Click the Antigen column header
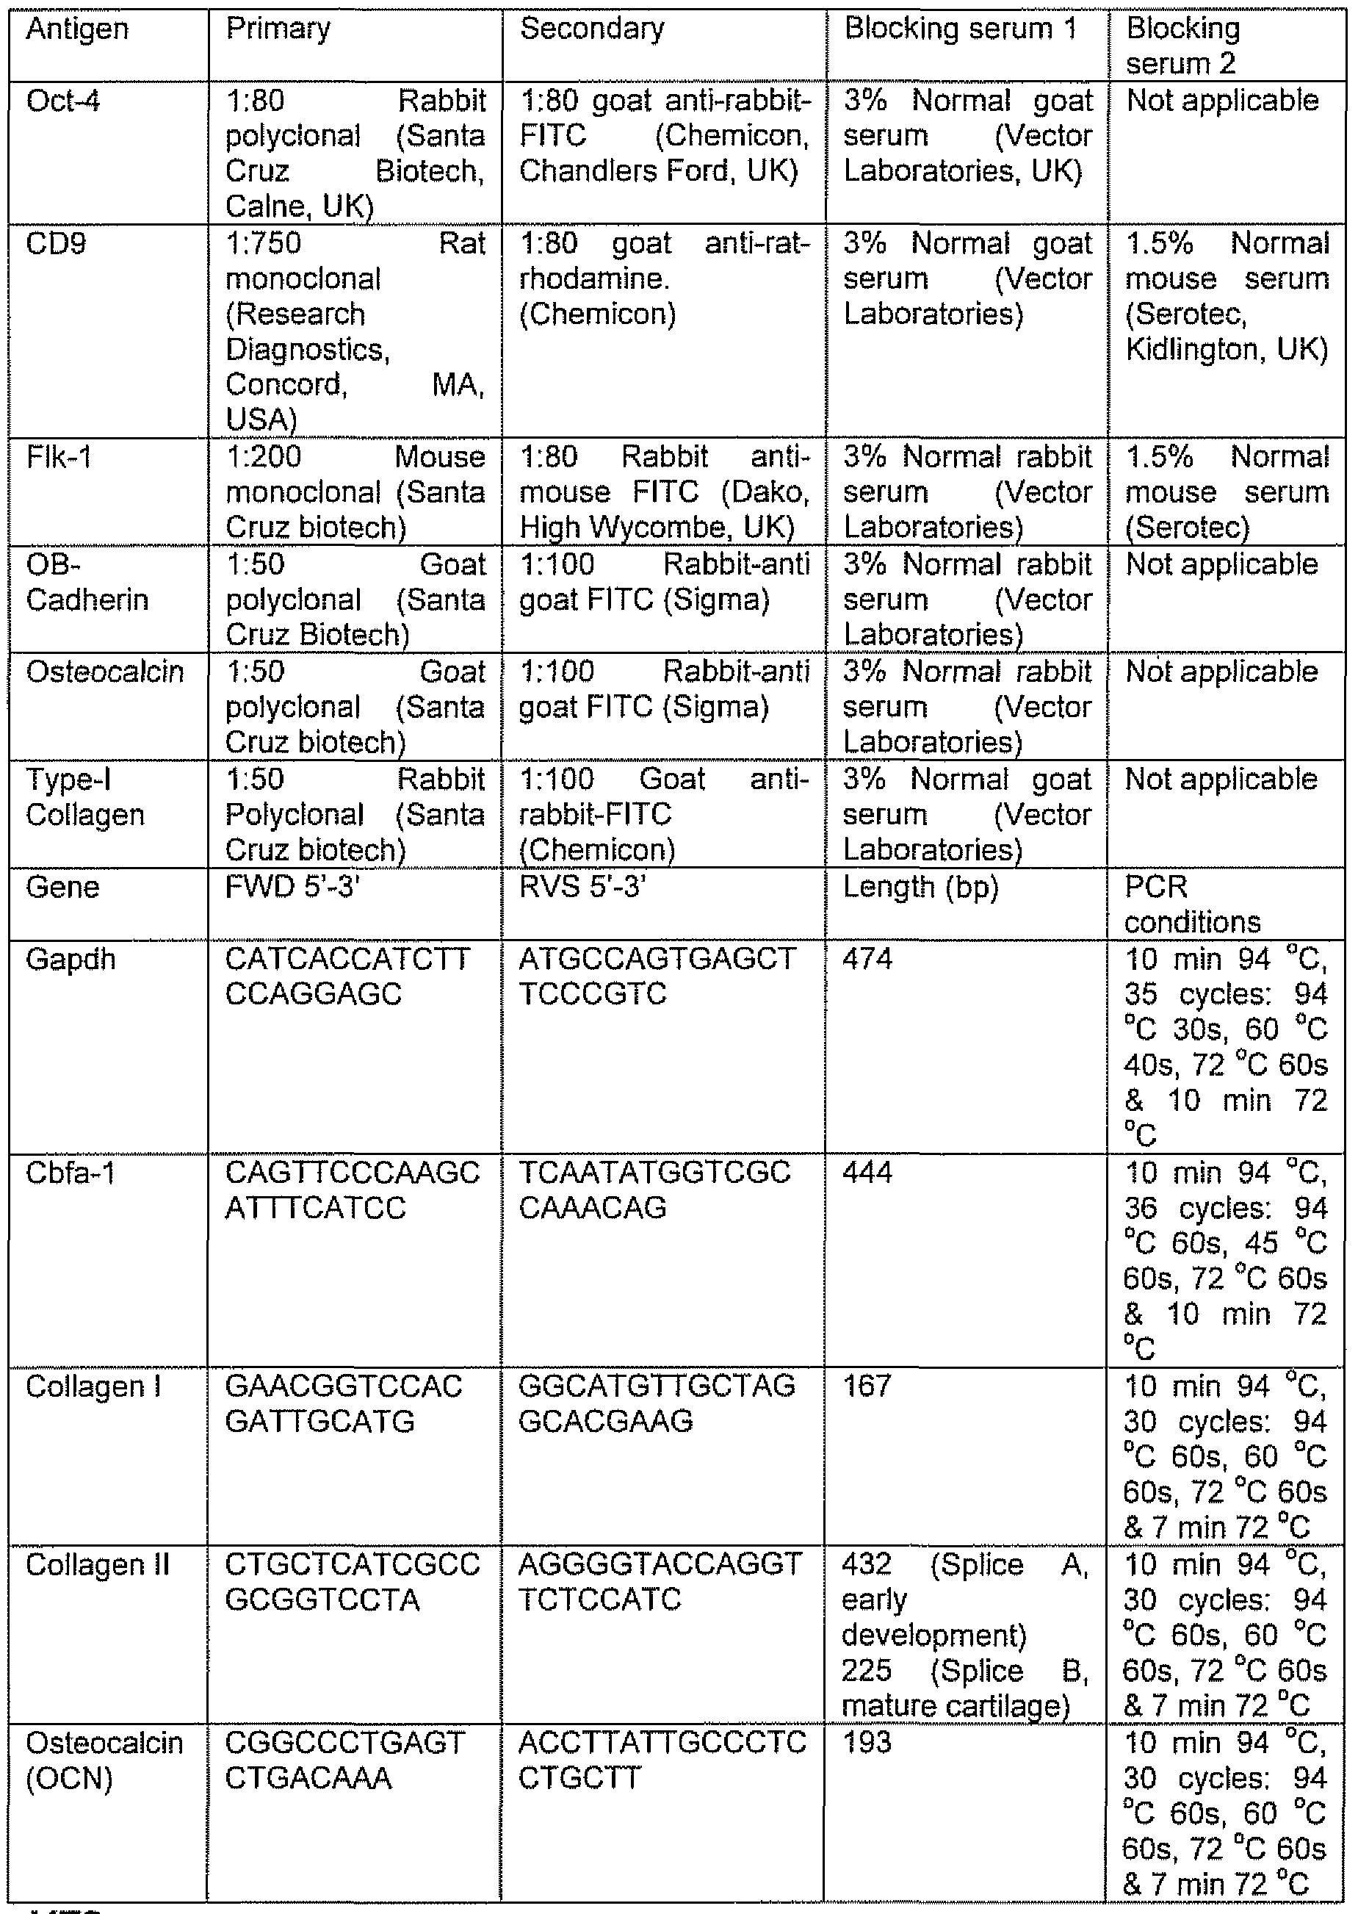pos(77,29)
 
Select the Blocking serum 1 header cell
pos(960,29)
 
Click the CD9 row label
pos(55,243)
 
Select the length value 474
pos(867,959)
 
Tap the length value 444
pos(867,1173)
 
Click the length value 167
pos(867,1386)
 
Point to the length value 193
pos(867,1743)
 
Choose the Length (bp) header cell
pos(920,888)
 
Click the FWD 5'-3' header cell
pos(292,887)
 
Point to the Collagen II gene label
pos(97,1565)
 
